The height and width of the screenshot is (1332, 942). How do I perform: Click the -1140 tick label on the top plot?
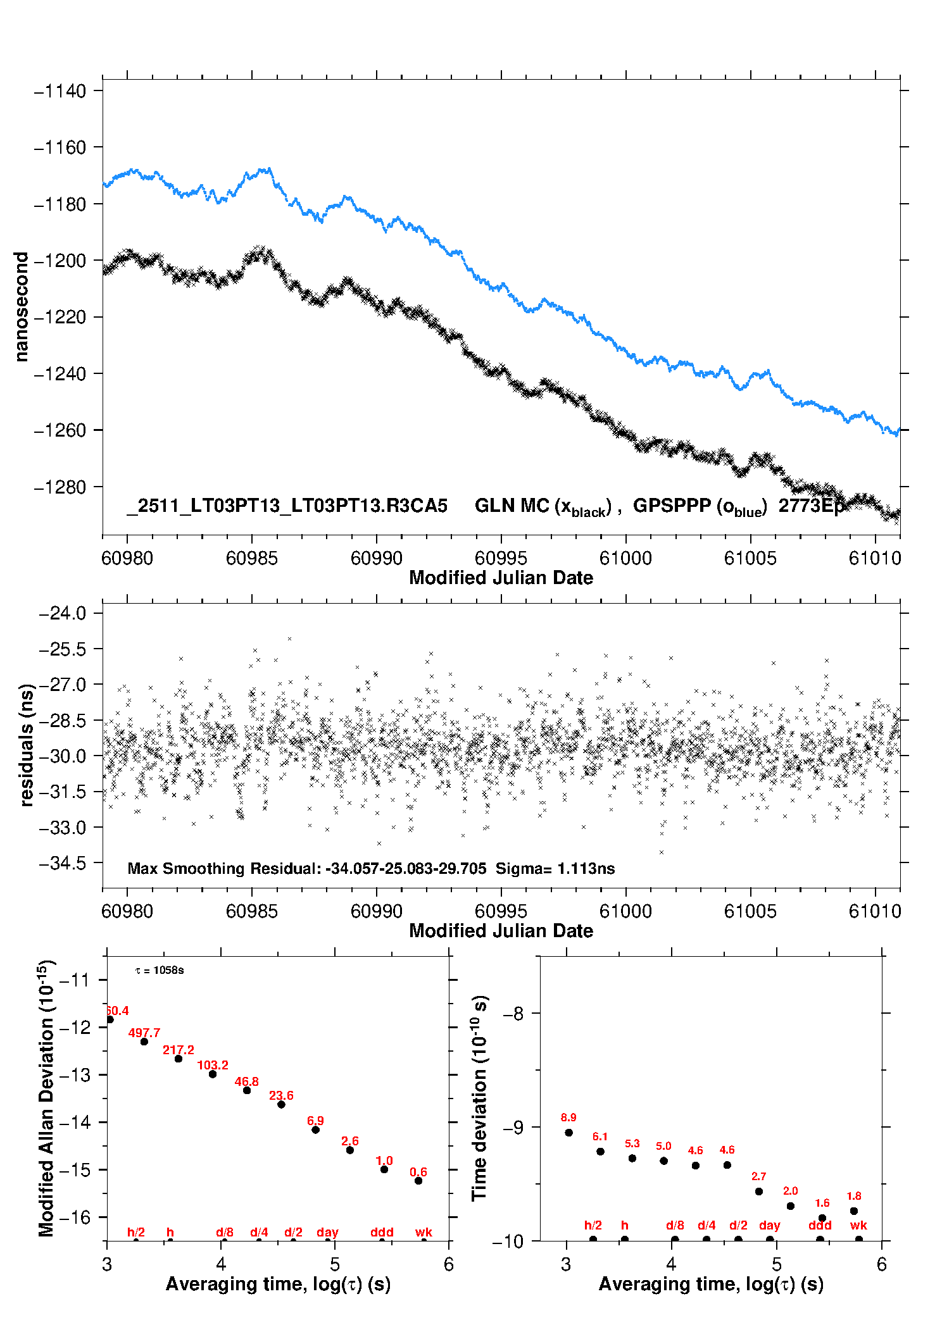point(60,91)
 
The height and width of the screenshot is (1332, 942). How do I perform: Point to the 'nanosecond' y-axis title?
point(22,307)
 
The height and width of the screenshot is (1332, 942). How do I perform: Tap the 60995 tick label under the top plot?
point(501,558)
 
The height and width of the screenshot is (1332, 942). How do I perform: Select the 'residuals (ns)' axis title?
point(27,745)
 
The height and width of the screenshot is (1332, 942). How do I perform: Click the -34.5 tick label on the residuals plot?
point(63,863)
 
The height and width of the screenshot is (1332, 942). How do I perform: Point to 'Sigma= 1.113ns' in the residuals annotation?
point(555,868)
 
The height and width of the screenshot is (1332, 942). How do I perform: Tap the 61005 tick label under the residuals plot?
point(750,911)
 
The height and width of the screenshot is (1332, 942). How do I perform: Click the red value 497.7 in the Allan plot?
point(144,1033)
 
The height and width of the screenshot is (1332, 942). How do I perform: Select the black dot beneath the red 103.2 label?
point(213,1074)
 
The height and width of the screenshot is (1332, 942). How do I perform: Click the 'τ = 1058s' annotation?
point(160,970)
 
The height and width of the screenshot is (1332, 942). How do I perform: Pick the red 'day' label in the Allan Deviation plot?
point(327,1232)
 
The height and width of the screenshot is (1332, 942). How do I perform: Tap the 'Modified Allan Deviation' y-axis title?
point(47,1098)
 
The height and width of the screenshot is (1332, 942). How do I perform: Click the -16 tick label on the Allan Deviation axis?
point(74,1217)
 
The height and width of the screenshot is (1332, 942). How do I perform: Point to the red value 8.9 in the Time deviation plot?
point(568,1117)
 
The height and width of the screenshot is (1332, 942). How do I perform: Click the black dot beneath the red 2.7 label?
point(759,1192)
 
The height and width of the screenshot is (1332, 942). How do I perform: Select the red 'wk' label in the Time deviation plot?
point(858,1225)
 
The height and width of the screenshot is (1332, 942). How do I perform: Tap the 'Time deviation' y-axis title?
point(480,1098)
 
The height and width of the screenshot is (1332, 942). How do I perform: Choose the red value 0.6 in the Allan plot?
point(418,1172)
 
